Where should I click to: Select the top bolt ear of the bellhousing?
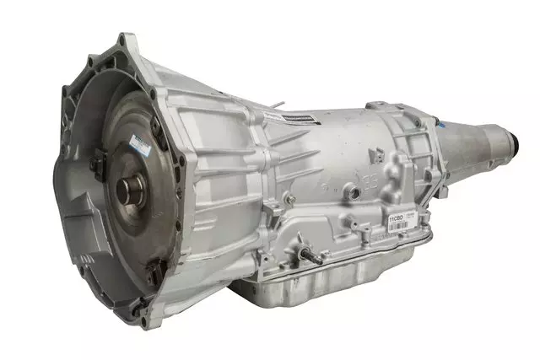point(128,40)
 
